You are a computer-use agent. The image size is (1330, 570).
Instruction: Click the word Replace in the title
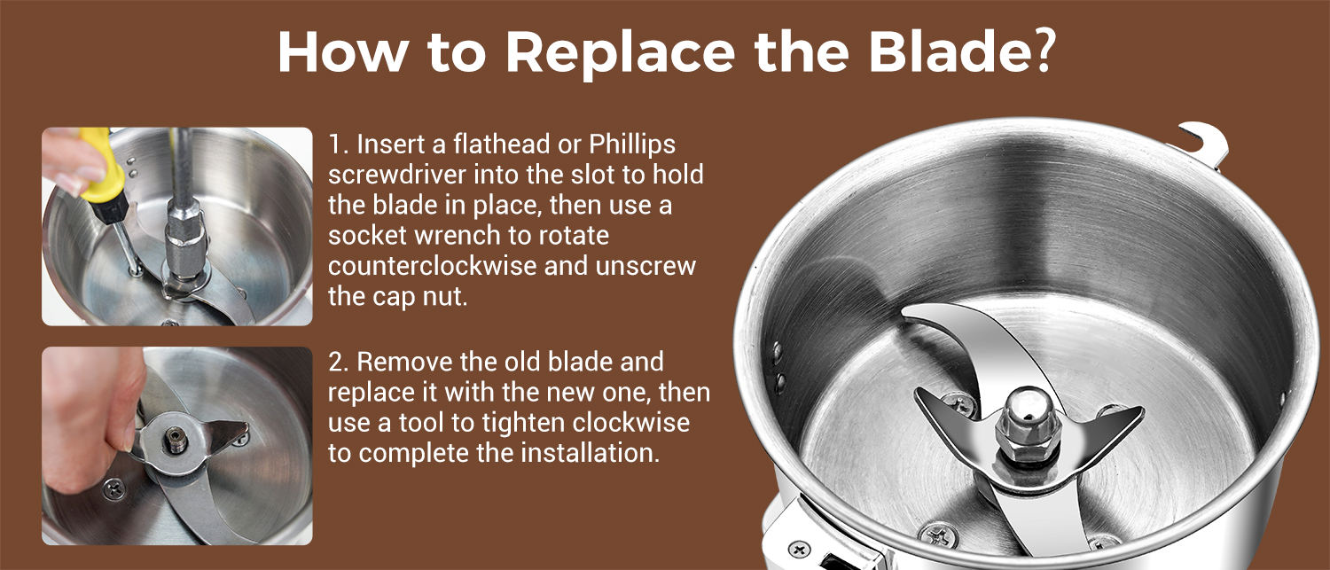pos(621,52)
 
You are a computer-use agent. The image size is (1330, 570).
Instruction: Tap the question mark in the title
pos(1038,50)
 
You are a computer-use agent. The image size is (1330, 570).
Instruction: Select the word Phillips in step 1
pos(631,145)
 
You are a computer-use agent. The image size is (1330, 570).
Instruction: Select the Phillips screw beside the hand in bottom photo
pos(114,490)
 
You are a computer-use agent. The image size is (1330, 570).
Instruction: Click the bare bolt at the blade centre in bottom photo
pos(175,441)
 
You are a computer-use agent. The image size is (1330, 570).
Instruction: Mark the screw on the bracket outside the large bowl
pos(799,548)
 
